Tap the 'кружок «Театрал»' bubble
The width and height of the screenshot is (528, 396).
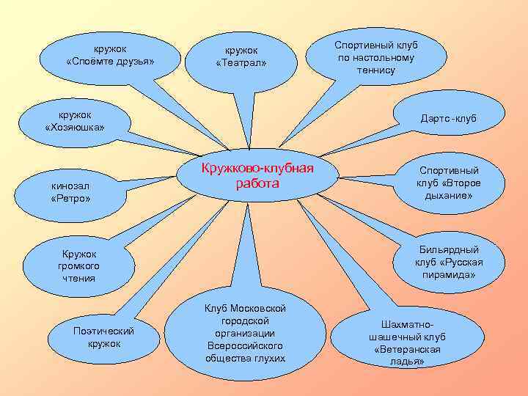pyautogui.click(x=241, y=56)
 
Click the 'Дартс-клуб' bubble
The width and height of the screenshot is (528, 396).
pyautogui.click(x=448, y=118)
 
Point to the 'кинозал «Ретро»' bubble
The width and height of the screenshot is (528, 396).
pyautogui.click(x=71, y=191)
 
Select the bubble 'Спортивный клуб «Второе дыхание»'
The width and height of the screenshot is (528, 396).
pyautogui.click(x=449, y=183)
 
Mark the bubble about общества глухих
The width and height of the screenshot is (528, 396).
pyautogui.click(x=245, y=333)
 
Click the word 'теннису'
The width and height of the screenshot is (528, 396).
pyautogui.click(x=376, y=70)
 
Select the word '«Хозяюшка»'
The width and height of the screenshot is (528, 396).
pyautogui.click(x=75, y=128)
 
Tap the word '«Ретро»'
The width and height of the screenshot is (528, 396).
pyautogui.click(x=71, y=199)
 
